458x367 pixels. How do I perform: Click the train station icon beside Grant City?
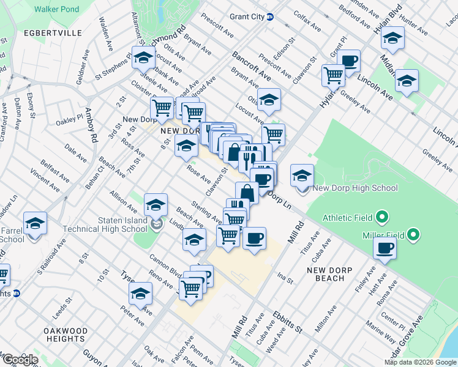click(x=270, y=17)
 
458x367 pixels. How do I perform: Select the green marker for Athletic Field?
click(x=382, y=217)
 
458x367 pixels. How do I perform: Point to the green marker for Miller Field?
click(x=414, y=234)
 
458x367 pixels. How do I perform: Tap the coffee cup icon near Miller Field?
click(x=385, y=248)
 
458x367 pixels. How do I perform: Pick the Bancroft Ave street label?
click(x=250, y=66)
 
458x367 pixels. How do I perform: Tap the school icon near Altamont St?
click(x=143, y=59)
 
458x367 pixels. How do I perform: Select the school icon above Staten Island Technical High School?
click(x=156, y=205)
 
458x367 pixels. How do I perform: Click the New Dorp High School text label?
click(x=355, y=188)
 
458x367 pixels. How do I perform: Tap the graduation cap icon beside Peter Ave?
click(x=140, y=294)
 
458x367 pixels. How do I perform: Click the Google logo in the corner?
click(x=20, y=360)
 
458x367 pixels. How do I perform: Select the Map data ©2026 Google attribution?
click(x=419, y=362)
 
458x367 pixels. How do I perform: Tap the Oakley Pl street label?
click(x=69, y=117)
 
